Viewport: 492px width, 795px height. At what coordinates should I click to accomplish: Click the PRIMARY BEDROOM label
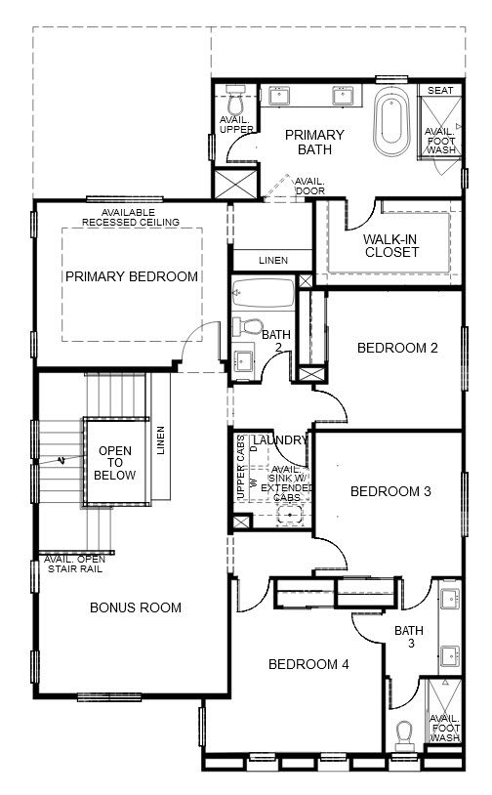132,276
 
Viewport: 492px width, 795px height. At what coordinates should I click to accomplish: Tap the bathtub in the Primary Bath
391,122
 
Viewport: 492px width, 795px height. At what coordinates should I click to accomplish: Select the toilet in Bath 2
247,327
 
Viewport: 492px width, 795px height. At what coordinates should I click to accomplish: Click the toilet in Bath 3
404,735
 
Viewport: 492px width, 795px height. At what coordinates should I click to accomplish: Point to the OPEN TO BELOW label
115,463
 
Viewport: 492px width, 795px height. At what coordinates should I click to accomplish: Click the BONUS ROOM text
136,607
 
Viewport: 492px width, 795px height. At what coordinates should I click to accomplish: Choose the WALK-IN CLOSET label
391,245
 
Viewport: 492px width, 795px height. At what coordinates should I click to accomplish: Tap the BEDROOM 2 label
397,348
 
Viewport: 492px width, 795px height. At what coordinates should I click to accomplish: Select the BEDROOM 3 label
390,491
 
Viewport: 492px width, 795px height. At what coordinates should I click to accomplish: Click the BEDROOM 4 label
308,664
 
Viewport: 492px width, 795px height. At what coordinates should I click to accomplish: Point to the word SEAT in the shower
440,90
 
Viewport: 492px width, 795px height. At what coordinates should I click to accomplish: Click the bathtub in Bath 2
264,293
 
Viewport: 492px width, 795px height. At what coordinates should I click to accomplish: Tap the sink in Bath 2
244,359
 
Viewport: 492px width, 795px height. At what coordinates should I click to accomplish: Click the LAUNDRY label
280,440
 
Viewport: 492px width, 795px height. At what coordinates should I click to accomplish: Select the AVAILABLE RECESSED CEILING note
131,218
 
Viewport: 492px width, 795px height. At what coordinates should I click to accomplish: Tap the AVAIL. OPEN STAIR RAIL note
75,565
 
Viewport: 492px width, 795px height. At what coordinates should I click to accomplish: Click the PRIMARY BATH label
314,143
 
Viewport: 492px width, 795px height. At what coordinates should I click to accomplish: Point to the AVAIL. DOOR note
310,187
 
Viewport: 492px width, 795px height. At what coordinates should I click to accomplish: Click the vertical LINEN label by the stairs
161,440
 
